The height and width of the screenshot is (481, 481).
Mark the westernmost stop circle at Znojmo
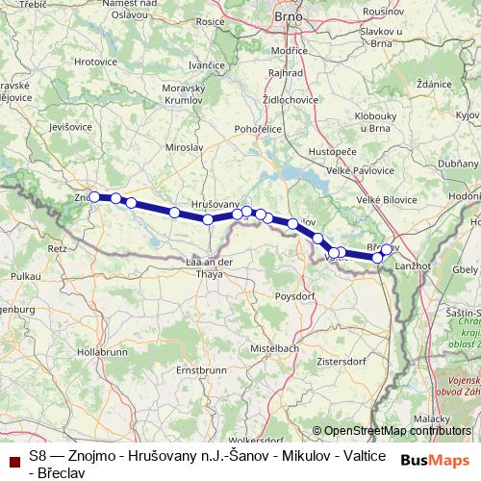pyautogui.click(x=94, y=197)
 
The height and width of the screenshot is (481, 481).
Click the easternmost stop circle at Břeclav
pyautogui.click(x=387, y=250)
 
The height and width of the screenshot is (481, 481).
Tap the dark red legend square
pyautogui.click(x=13, y=463)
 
